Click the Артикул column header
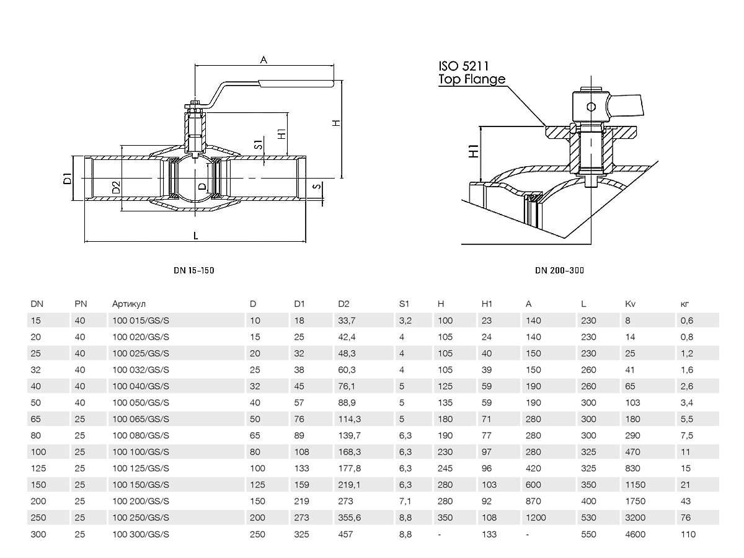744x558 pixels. (128, 304)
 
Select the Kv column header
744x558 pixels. (631, 304)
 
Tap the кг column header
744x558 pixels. (684, 304)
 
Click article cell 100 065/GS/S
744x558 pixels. (141, 419)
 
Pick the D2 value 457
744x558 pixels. (346, 534)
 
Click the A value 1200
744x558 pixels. (536, 518)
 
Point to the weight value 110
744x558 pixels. (688, 534)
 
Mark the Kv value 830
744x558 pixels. (633, 468)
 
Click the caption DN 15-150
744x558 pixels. (194, 270)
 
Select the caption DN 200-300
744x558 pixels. (559, 270)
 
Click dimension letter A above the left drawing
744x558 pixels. (263, 60)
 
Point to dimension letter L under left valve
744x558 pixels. (196, 236)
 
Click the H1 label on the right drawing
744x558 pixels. (473, 151)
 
